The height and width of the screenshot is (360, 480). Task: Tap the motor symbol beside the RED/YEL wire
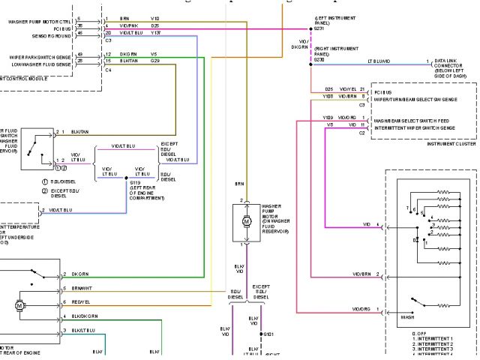point(19,306)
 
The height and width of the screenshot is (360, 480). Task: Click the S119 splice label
point(136,182)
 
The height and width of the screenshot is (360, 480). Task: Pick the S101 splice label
point(268,334)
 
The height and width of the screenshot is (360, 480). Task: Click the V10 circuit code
point(154,18)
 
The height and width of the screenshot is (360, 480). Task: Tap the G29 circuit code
point(154,60)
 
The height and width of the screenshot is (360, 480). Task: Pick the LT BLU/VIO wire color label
point(378,61)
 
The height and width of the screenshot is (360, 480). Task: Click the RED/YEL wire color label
point(81,301)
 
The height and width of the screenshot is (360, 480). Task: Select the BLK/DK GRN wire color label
point(84,316)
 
